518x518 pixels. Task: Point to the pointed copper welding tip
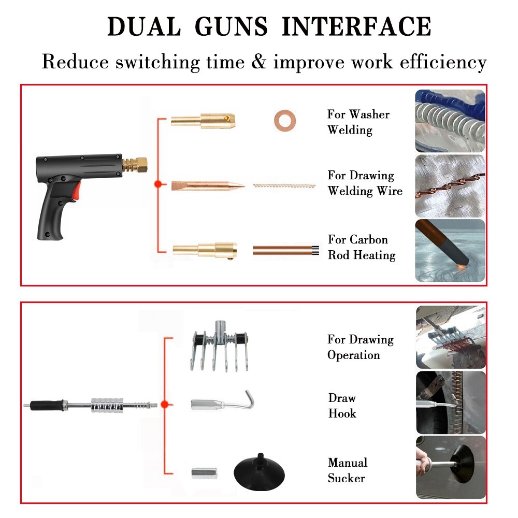point(207,185)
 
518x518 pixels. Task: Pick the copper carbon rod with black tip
point(284,250)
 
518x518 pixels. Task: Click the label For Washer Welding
point(358,122)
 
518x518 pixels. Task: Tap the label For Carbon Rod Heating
point(362,247)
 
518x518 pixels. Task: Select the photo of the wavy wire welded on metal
point(450,185)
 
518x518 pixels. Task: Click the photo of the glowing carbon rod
point(450,250)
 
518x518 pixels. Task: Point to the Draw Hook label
point(342,406)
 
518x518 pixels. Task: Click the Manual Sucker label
point(347,470)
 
